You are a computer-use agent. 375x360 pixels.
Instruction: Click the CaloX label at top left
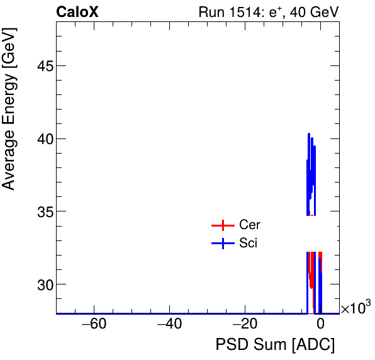[77, 12]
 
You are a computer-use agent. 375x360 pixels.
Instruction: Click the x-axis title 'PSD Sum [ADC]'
[275, 345]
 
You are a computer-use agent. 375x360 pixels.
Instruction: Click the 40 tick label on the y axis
[41, 138]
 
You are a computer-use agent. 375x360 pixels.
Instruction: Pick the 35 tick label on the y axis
[41, 211]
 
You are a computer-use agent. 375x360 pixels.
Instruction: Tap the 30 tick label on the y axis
[41, 284]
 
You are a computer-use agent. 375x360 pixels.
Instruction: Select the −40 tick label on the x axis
[169, 325]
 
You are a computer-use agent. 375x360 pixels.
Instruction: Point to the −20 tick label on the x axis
[245, 325]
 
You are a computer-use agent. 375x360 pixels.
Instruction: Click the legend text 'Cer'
[249, 225]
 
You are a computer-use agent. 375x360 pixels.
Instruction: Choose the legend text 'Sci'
[248, 244]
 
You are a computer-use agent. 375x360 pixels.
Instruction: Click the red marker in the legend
[222, 225]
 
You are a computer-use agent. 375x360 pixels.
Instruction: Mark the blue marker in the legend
[222, 244]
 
